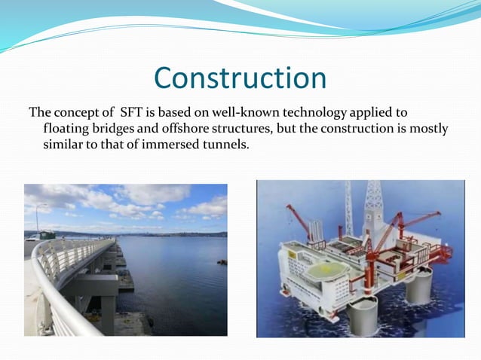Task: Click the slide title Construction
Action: [x=240, y=78]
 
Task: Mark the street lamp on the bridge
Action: [x=37, y=218]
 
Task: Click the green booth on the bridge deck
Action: [x=47, y=234]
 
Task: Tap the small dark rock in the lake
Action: [x=221, y=261]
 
